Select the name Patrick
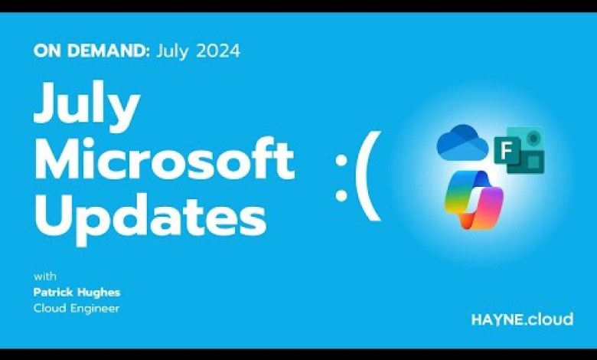(x=55, y=293)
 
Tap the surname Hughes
(x=99, y=293)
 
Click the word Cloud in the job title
(x=50, y=308)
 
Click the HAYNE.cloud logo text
(x=511, y=319)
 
